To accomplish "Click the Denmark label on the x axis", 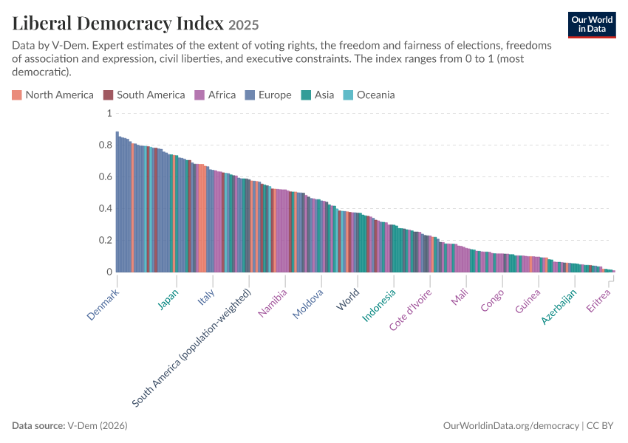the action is pyautogui.click(x=103, y=304).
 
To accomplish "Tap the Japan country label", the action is pyautogui.click(x=168, y=299).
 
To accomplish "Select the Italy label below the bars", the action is pyautogui.click(x=206, y=297).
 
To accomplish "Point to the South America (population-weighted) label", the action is pyautogui.click(x=192, y=348).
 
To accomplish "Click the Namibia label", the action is pyautogui.click(x=273, y=303).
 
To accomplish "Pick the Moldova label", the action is pyautogui.click(x=307, y=303).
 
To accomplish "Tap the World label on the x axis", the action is pyautogui.click(x=348, y=299).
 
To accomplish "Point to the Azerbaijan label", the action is pyautogui.click(x=559, y=306).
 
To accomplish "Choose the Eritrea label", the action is pyautogui.click(x=598, y=301).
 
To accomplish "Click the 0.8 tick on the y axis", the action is pyautogui.click(x=106, y=145).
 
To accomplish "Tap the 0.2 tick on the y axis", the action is pyautogui.click(x=106, y=240).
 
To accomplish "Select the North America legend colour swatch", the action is pyautogui.click(x=17, y=95).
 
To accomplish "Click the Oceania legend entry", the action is pyautogui.click(x=369, y=95).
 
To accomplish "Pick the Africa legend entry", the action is pyautogui.click(x=215, y=95).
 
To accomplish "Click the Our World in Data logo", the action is pyautogui.click(x=592, y=25).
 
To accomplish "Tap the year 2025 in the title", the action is pyautogui.click(x=244, y=25).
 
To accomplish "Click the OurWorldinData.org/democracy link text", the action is pyautogui.click(x=511, y=425).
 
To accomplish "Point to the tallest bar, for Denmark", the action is pyautogui.click(x=117, y=202).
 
